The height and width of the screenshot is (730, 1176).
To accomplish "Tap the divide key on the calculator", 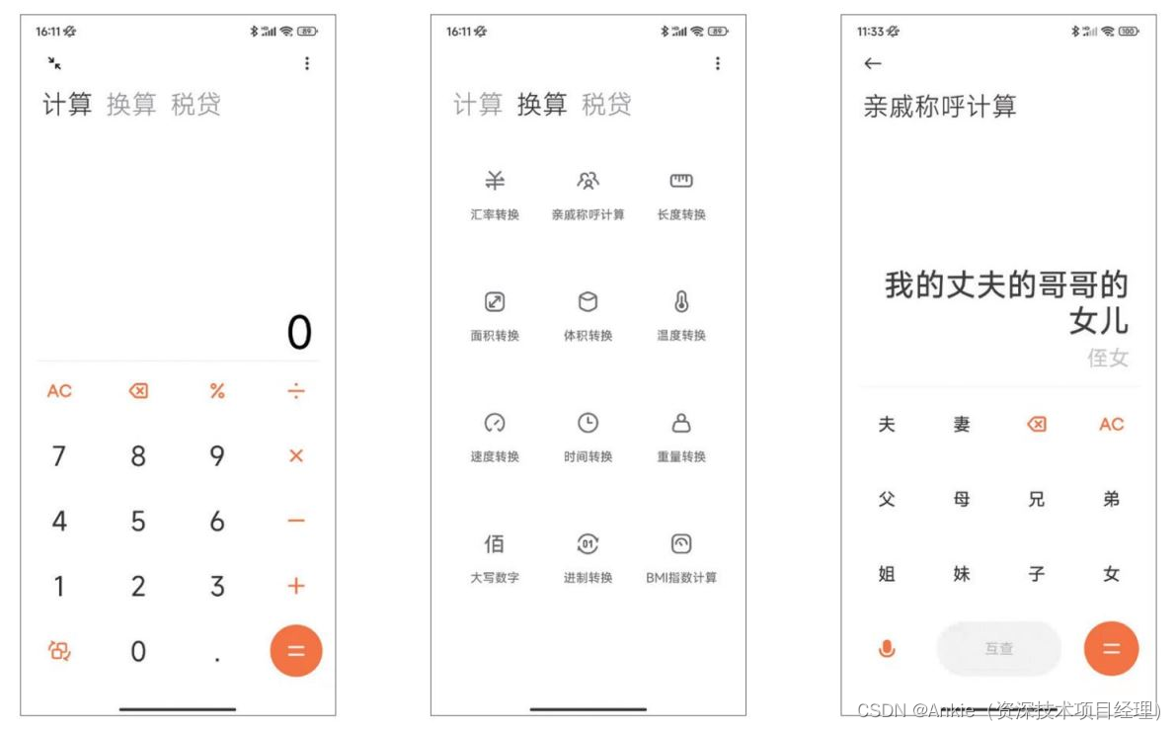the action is (x=296, y=391).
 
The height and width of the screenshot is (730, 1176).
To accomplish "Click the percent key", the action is (x=217, y=391).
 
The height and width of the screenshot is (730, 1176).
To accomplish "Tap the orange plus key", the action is (x=296, y=586).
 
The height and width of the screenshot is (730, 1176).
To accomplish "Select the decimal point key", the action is (x=217, y=660).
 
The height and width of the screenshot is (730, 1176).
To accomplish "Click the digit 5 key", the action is (x=138, y=521).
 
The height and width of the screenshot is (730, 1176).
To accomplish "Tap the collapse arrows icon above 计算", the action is (x=54, y=63).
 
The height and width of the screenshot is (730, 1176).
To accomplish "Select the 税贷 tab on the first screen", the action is (x=196, y=105).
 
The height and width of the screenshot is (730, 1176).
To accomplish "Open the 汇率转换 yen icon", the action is (x=495, y=180).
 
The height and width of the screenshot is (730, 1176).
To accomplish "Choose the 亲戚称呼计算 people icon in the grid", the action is (x=588, y=180).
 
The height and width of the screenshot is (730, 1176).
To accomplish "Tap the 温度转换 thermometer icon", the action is (x=681, y=301).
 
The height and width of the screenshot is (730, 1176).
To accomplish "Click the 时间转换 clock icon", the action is (x=588, y=423).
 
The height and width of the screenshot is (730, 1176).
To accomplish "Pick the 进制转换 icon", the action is (x=588, y=544).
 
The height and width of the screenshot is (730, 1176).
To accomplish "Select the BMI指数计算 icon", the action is (x=681, y=544).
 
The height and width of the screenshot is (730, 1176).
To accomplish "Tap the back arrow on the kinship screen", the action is (x=872, y=64).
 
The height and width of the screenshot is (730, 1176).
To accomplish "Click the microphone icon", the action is (x=887, y=648).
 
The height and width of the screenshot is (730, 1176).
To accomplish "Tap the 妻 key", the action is (x=962, y=425).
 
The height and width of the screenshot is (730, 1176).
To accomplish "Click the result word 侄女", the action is (x=1108, y=358).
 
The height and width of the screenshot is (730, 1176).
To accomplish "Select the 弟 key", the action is (x=1112, y=499).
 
